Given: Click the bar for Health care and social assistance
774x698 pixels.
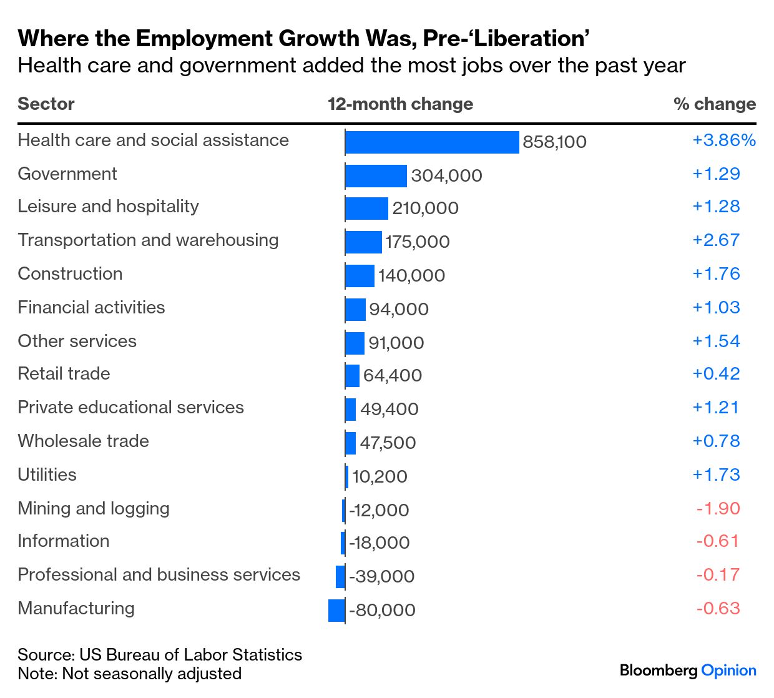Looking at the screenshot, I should coord(432,142).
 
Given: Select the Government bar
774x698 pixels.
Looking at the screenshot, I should coord(376,176).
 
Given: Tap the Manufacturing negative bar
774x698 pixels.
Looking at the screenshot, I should coord(336,610).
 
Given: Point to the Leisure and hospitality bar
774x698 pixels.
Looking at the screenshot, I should coord(366,209).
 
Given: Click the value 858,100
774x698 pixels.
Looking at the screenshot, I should coord(554,142).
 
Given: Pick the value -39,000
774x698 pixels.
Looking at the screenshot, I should coord(381,576).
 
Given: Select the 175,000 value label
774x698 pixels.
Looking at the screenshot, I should coord(417,242).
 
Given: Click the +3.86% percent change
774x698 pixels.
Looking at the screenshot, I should coord(723,140).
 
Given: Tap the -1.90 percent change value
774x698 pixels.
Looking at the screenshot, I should coord(718,508).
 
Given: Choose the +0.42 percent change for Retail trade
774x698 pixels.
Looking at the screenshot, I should coord(716,373).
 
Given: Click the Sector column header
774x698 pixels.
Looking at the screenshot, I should coord(46,104).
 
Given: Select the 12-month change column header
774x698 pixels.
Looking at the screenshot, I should coord(400,104).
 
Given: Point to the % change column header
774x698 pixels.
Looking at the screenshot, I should coord(715,104).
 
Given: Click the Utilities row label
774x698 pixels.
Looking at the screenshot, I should coord(47,474).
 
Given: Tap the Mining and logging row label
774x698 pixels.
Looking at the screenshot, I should coord(94,508).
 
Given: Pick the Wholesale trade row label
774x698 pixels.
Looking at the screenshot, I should coord(84,441).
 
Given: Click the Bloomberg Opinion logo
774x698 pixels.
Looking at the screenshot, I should coord(688,671).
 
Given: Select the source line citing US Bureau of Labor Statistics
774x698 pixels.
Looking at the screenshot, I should coord(160,654).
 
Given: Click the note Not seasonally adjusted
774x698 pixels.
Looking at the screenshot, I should coord(130,674).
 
